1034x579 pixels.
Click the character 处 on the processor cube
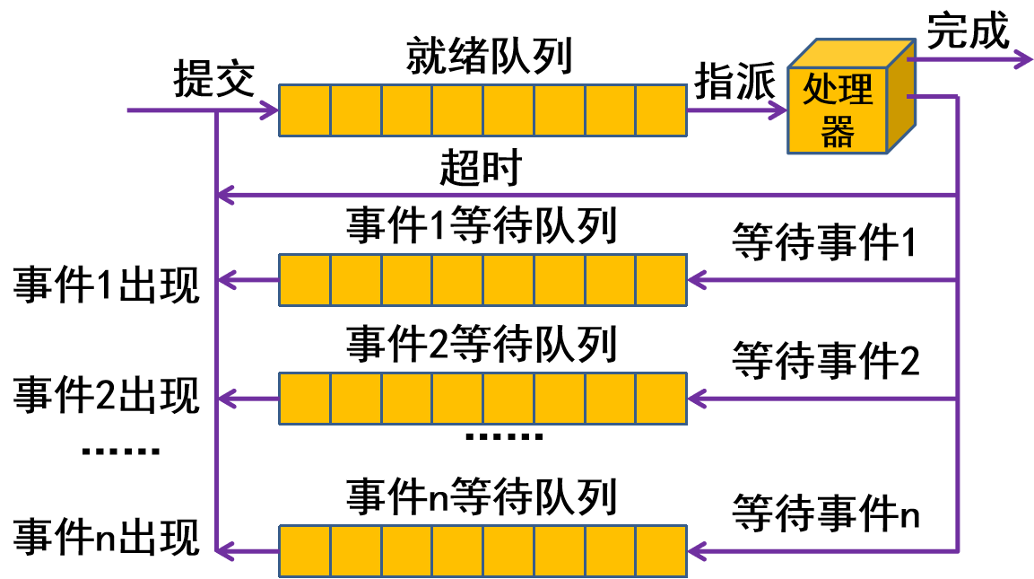tap(820, 90)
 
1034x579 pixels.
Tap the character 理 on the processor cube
tap(856, 90)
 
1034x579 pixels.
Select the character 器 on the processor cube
tap(838, 133)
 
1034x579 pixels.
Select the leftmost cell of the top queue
tap(305, 110)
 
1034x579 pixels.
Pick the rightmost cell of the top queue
tap(661, 110)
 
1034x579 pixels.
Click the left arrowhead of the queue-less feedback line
tap(225, 195)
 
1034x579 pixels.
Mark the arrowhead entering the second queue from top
tap(697, 280)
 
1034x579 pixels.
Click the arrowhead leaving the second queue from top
tap(226, 280)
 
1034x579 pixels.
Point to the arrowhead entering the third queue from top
tap(697, 399)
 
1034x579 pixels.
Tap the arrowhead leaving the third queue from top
tap(226, 399)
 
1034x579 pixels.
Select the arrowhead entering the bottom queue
tap(697, 551)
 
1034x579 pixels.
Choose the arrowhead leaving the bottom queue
tap(226, 551)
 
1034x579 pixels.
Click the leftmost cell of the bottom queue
tap(305, 551)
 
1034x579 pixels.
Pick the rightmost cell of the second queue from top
tap(661, 280)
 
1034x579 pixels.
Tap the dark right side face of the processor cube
tap(901, 99)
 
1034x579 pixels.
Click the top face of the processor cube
tap(852, 53)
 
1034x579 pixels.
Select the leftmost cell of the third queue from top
tap(305, 399)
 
